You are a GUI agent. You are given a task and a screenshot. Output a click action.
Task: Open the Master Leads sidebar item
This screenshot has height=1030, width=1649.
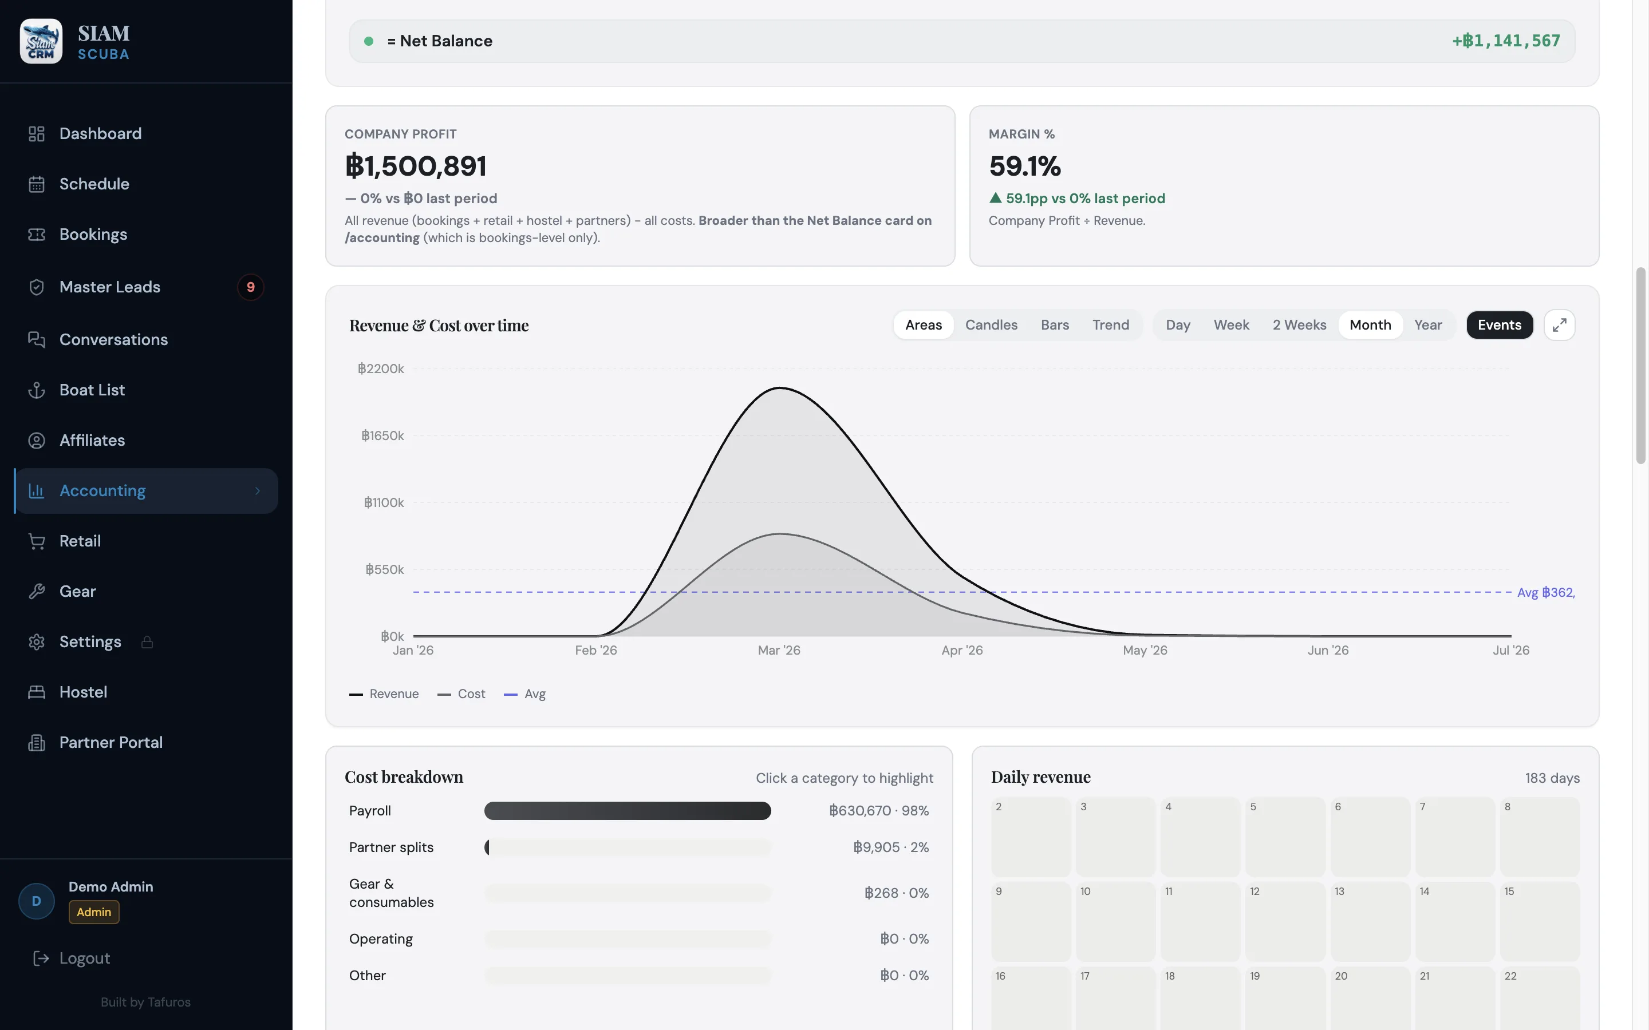click(110, 287)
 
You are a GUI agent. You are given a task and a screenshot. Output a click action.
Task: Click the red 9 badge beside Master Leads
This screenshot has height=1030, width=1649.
click(251, 287)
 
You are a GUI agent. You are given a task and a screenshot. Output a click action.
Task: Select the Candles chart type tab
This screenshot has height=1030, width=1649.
click(991, 325)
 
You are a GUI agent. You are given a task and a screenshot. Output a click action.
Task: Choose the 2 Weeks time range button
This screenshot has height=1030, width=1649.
click(1299, 325)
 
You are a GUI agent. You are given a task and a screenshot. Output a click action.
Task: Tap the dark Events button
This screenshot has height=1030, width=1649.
click(1499, 325)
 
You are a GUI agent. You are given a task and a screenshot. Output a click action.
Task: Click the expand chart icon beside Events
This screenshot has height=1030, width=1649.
click(1559, 325)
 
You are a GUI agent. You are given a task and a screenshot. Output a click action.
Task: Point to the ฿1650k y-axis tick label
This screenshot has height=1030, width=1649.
click(382, 435)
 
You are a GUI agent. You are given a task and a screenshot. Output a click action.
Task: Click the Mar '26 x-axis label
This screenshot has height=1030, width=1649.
click(779, 650)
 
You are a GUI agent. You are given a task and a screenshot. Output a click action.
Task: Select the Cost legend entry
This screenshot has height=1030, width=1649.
click(461, 694)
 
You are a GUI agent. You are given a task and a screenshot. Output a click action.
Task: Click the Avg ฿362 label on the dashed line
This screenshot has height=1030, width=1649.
click(1545, 593)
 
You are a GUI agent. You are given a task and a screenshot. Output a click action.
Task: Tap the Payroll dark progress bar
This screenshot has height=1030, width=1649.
click(628, 811)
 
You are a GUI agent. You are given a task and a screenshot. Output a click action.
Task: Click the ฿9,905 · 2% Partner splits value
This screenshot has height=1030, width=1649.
click(890, 847)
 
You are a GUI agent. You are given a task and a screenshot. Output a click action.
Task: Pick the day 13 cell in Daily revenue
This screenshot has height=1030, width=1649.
click(1370, 921)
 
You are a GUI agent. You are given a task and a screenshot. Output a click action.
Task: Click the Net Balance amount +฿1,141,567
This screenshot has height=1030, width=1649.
click(1506, 41)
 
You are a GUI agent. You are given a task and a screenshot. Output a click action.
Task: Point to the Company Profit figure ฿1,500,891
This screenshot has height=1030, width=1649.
click(416, 165)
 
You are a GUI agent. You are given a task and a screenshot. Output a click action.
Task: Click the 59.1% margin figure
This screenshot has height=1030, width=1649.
click(1025, 165)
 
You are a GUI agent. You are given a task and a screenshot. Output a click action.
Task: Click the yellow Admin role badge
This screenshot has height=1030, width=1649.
click(94, 912)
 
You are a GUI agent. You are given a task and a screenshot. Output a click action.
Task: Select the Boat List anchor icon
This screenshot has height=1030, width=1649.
click(37, 390)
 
